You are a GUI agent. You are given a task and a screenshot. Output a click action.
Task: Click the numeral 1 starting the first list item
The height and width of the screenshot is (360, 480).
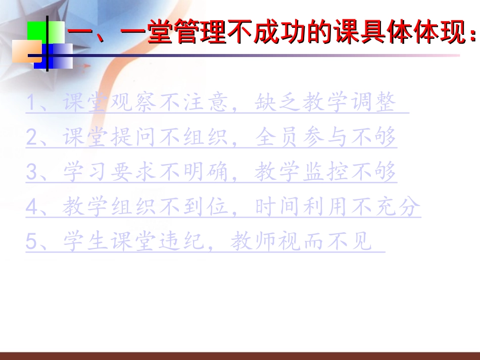pyautogui.click(x=32, y=103)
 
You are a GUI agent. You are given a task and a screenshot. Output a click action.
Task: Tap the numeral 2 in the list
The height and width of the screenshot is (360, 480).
pyautogui.click(x=32, y=138)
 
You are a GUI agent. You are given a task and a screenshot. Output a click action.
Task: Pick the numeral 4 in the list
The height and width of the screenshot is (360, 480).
pyautogui.click(x=32, y=208)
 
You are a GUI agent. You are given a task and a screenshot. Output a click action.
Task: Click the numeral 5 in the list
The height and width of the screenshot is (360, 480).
pyautogui.click(x=32, y=242)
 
